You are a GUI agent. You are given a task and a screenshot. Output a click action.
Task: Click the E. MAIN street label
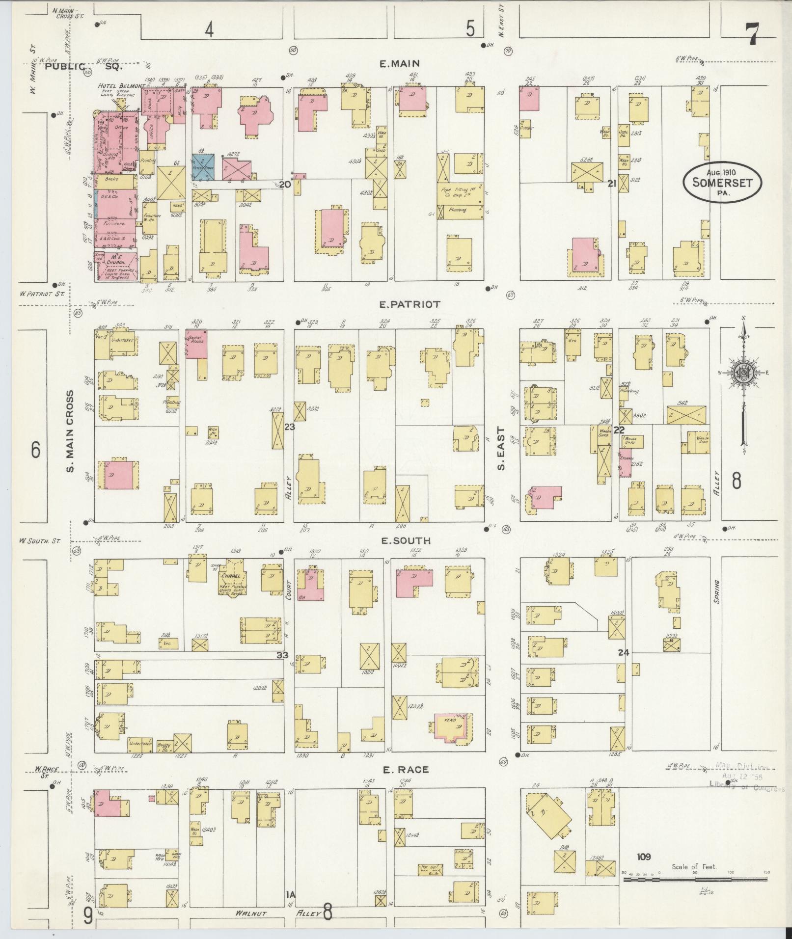[x=400, y=63]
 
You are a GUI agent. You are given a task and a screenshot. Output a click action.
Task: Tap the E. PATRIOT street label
[x=410, y=304]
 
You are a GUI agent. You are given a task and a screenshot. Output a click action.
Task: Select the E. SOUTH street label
[x=406, y=540]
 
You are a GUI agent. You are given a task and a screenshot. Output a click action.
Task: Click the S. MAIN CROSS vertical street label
[x=71, y=431]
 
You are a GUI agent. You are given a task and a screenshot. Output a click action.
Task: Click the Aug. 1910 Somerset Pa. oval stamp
[x=723, y=182]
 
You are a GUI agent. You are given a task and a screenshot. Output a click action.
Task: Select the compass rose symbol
[x=744, y=373]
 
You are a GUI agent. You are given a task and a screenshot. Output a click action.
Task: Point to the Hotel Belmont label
[x=121, y=86]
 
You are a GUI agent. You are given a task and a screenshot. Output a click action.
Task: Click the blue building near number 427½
[x=203, y=167]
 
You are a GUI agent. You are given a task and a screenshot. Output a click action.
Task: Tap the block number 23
[x=289, y=427]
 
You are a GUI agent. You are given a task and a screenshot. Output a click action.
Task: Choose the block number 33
[x=282, y=655]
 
